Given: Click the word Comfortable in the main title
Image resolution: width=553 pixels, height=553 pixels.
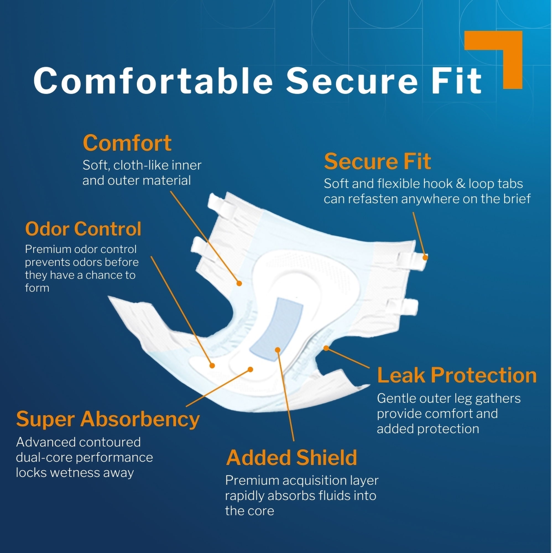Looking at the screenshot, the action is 153,80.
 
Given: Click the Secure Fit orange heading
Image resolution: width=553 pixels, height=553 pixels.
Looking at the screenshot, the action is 377,161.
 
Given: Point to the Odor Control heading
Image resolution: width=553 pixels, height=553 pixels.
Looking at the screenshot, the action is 83,229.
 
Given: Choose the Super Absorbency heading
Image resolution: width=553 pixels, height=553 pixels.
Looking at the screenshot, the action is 108,420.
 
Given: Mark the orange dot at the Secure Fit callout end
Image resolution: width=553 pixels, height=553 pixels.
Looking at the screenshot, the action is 425,258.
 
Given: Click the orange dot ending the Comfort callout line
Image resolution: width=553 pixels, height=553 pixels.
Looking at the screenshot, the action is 239,283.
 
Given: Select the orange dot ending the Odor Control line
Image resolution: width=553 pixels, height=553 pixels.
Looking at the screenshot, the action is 212,366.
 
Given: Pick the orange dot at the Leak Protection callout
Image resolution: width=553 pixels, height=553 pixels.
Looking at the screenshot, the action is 326,348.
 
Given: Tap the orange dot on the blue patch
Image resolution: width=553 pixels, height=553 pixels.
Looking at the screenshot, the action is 277,350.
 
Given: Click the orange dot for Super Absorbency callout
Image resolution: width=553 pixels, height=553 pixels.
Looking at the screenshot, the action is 251,369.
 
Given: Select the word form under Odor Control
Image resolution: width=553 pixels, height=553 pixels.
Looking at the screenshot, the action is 37,288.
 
